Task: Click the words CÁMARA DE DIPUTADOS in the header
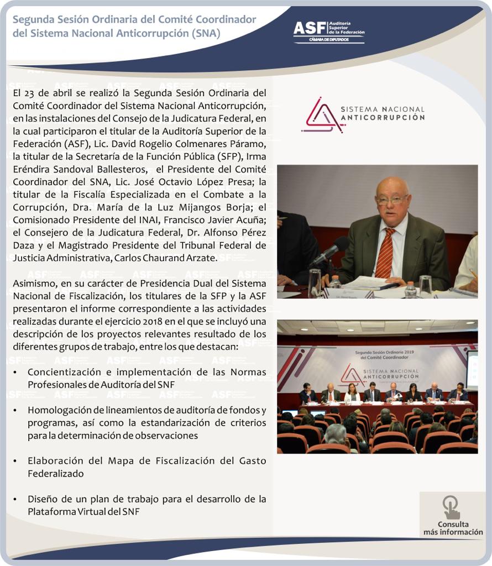point(329,40)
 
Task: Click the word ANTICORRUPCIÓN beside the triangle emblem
point(383,118)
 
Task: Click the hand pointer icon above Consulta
point(451,507)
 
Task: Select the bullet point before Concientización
point(15,372)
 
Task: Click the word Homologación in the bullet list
point(58,410)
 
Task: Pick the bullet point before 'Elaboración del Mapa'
point(15,461)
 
